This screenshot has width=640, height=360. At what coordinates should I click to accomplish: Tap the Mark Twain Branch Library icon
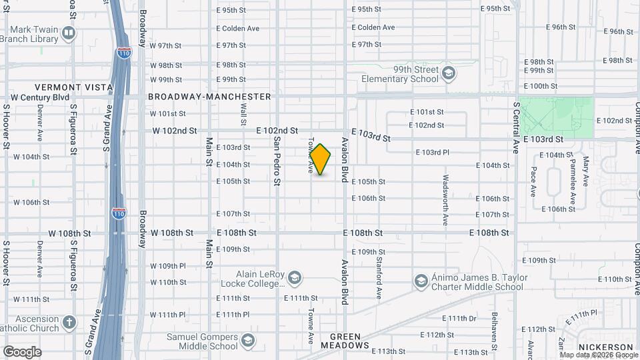click(68, 33)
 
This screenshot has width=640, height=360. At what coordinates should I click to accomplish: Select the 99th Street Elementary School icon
click(449, 73)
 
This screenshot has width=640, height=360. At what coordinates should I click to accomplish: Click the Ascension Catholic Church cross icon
click(69, 323)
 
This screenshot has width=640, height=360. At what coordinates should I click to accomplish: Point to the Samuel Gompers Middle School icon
click(248, 341)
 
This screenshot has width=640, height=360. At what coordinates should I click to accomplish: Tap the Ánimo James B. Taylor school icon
click(421, 282)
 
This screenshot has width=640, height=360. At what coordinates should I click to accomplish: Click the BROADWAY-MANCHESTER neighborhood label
click(209, 97)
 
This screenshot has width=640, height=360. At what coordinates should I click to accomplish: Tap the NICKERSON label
click(605, 347)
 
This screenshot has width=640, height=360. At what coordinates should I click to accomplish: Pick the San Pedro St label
click(276, 160)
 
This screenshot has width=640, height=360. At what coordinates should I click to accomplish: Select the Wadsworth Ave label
click(445, 199)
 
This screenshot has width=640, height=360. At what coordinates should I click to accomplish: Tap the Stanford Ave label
click(379, 278)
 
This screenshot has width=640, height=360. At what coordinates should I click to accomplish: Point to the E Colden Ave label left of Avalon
click(238, 28)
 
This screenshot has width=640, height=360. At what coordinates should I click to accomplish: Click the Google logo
click(22, 352)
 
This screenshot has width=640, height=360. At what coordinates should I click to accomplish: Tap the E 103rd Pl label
click(433, 153)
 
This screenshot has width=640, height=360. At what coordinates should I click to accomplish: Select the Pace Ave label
click(533, 181)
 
